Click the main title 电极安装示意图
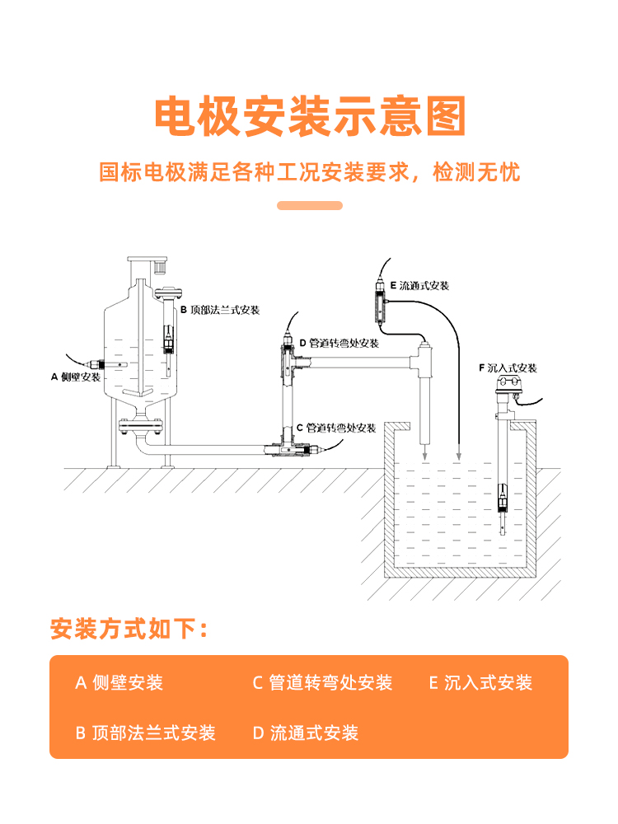(x=310, y=116)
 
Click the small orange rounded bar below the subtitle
(x=309, y=205)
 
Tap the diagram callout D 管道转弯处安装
(x=339, y=343)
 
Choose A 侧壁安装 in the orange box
(x=119, y=682)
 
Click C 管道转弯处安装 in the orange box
(x=322, y=682)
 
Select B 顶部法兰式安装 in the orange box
(x=146, y=733)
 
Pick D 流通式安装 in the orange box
(x=306, y=733)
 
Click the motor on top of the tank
(x=157, y=265)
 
